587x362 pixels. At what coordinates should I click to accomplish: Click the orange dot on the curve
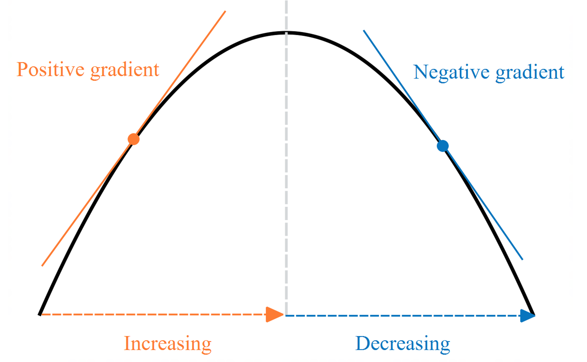[x=134, y=139]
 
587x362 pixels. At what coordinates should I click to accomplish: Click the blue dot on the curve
[x=443, y=146]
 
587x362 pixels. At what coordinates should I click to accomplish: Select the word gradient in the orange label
[x=125, y=70]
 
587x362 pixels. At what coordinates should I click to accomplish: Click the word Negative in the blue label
[x=451, y=72]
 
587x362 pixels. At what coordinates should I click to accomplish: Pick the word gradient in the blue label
[x=530, y=73]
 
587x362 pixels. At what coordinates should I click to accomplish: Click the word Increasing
[x=168, y=344]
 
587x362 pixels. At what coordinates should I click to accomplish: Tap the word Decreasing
[x=403, y=344]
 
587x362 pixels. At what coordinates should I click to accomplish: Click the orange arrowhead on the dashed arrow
[x=274, y=315]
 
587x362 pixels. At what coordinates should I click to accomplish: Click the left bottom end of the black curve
[x=39, y=315]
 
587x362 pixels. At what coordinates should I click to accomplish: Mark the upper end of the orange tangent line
[x=225, y=11]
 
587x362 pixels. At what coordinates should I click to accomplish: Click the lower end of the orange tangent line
[x=42, y=266]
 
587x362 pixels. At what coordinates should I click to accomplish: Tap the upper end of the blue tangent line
[x=364, y=31]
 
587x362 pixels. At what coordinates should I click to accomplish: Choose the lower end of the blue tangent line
[x=522, y=259]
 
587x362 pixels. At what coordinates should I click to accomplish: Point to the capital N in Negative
[x=421, y=72]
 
